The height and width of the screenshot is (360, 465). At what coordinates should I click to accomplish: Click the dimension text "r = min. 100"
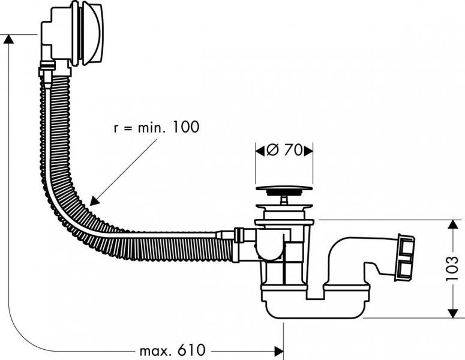click(155, 127)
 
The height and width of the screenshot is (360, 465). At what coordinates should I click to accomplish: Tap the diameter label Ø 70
click(284, 151)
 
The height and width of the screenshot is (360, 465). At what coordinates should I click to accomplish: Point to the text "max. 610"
click(172, 350)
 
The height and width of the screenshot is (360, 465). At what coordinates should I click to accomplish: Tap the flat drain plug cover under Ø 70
click(284, 188)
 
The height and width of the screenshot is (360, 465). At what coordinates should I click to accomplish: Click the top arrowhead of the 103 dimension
click(452, 224)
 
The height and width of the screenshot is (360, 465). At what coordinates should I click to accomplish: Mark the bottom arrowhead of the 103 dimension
click(452, 313)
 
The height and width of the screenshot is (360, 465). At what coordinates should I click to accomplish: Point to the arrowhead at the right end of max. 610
click(278, 350)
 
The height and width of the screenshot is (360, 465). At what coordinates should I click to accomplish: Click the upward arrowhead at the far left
click(8, 38)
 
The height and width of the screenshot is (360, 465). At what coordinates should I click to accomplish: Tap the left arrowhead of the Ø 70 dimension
click(260, 151)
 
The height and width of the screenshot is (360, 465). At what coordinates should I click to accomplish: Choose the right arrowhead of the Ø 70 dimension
click(308, 151)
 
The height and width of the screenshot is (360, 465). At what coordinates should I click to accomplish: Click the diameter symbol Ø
click(271, 151)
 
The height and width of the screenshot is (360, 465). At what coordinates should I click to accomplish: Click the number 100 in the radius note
click(184, 127)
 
